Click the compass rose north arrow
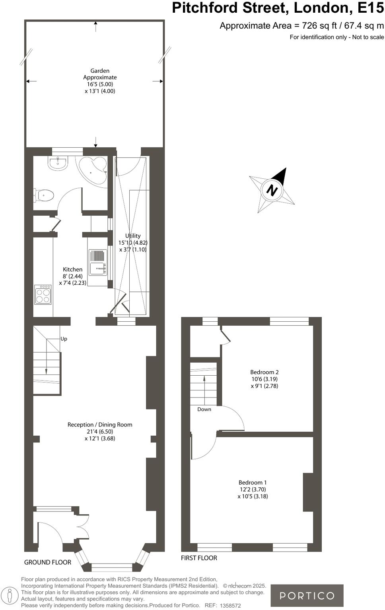tap(272, 190)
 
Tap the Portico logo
tap(307, 595)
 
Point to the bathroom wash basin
tap(58, 162)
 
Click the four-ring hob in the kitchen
tap(43, 294)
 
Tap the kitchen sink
tap(97, 268)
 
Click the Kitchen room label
tap(72, 276)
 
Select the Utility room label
tap(133, 242)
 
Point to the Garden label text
tap(100, 81)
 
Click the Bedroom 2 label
tap(264, 379)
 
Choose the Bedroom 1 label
tap(253, 489)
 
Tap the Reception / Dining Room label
tap(100, 431)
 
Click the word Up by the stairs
tap(64, 339)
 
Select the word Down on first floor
tap(204, 409)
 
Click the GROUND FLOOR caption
tap(48, 562)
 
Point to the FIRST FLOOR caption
tap(199, 558)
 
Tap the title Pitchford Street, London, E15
tap(278, 8)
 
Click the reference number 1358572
tap(230, 606)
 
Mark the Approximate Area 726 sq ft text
tap(301, 26)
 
